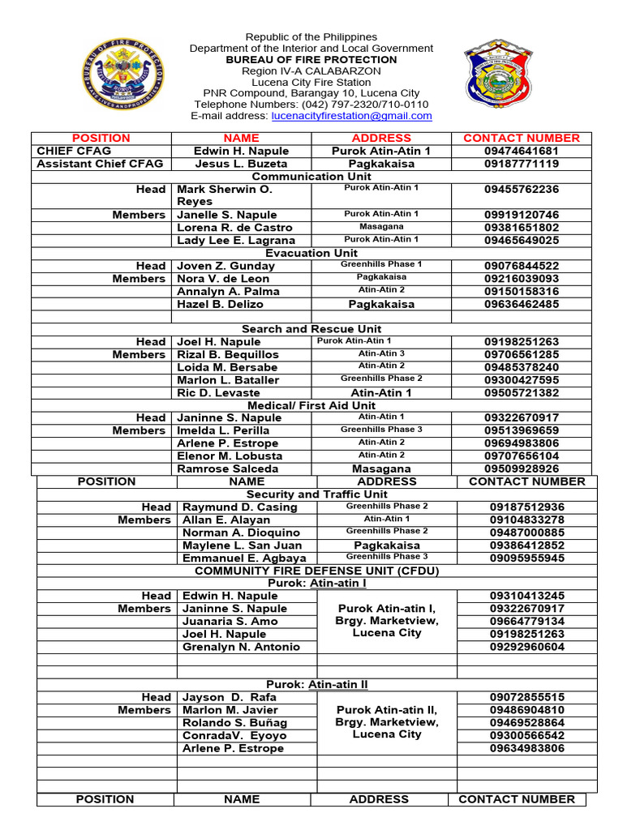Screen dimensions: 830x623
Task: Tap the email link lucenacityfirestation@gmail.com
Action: tap(351, 116)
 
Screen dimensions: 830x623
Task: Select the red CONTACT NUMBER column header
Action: tap(522, 138)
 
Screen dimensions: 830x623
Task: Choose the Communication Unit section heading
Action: tap(311, 176)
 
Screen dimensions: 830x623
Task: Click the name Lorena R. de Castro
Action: tap(234, 228)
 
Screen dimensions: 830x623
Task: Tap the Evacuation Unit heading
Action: tap(311, 253)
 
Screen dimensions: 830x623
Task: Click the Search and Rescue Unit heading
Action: tap(311, 329)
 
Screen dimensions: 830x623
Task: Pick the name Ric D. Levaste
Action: tap(219, 393)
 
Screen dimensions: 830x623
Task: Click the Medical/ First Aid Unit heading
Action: tap(311, 405)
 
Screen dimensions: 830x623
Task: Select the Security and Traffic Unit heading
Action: tap(317, 494)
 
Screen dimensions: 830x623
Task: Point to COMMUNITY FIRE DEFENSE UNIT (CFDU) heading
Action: tap(317, 571)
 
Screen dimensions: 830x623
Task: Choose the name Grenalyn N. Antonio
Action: tap(241, 647)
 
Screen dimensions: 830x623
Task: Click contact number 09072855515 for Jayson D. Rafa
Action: tap(527, 697)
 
